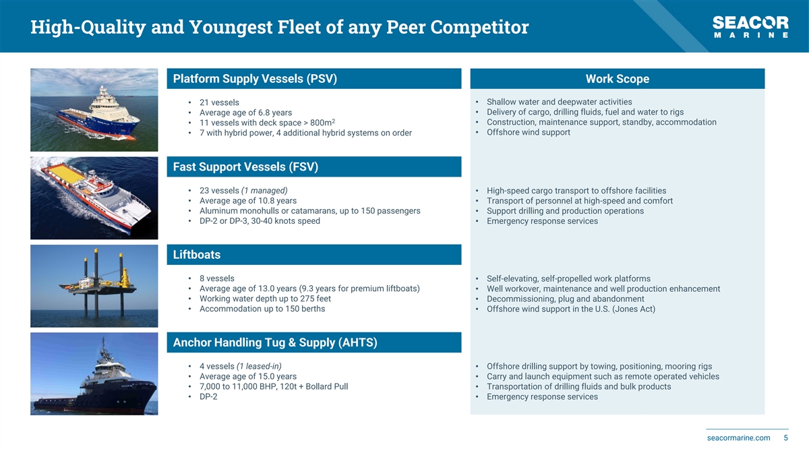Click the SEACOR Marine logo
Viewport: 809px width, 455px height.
point(750,27)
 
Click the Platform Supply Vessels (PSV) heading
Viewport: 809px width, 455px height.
point(255,79)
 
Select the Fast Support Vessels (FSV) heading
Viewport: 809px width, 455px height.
point(245,167)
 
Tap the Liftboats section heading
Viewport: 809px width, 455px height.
point(197,255)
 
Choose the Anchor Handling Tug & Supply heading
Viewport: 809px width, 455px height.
point(275,342)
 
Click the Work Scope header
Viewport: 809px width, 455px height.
point(618,79)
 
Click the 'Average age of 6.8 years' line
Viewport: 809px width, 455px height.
point(245,113)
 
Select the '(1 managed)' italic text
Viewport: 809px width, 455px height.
point(264,191)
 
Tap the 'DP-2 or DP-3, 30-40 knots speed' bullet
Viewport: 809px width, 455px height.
point(260,221)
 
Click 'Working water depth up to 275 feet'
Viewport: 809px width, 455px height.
point(265,299)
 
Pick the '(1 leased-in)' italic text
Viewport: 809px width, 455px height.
point(259,366)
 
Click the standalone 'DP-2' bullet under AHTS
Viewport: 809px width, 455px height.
point(208,396)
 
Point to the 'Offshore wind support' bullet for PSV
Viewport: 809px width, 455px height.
point(529,132)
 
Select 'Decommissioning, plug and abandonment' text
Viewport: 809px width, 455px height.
point(565,299)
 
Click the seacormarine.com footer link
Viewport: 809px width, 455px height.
point(739,438)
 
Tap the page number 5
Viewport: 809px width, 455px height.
point(785,438)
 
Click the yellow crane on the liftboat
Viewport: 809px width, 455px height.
point(125,278)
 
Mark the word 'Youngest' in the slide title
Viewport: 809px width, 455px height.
point(231,27)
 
